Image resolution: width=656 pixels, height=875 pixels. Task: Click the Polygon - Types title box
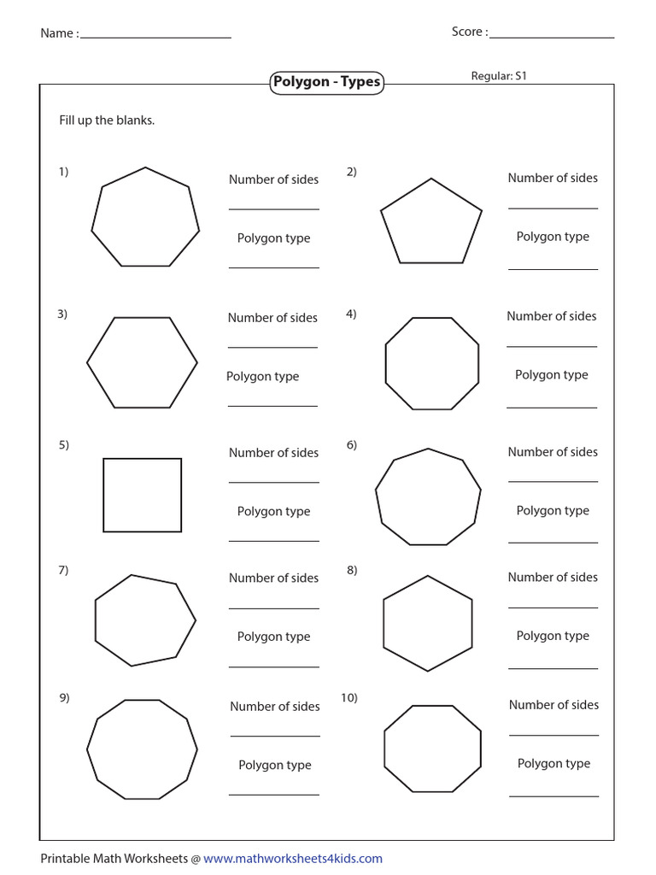[x=326, y=82]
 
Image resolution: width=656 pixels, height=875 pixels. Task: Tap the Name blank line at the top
[x=155, y=37]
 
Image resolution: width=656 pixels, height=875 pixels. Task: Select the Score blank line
[x=552, y=37]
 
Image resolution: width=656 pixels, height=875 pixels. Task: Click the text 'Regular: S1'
[x=499, y=76]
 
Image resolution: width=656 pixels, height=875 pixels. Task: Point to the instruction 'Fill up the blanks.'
[x=107, y=120]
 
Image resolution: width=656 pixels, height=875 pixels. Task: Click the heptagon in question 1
[x=145, y=218]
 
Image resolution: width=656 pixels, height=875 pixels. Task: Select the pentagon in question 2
[x=430, y=223]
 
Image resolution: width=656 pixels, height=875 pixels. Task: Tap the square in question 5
[x=143, y=495]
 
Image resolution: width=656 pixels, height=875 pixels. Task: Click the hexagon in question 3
[x=142, y=361]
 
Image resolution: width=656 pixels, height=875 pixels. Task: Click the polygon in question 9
[x=142, y=749]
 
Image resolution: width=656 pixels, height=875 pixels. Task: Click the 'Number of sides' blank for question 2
[x=553, y=207]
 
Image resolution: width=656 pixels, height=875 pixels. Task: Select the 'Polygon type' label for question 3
[x=262, y=376]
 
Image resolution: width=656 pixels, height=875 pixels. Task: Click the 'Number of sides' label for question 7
[x=273, y=578]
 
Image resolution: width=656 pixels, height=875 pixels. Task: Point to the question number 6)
[x=352, y=444]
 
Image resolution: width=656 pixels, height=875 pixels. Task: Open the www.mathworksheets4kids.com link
[x=293, y=859]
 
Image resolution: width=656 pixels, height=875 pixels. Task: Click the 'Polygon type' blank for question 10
[x=553, y=796]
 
